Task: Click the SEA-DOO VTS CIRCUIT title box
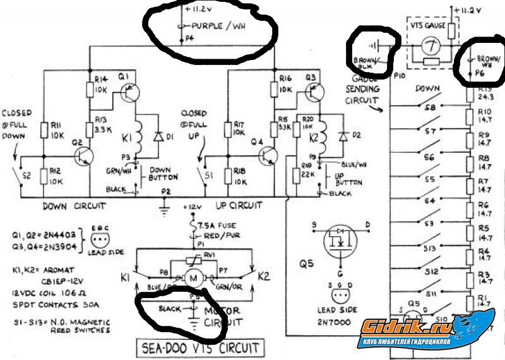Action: (201, 347)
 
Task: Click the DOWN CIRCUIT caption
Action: (74, 206)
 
